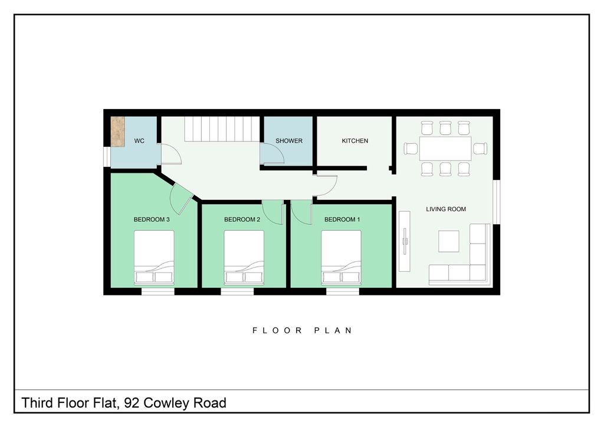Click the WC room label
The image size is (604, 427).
tap(140, 141)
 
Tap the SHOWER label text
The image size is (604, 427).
tap(289, 141)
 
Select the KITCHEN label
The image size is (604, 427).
tap(355, 141)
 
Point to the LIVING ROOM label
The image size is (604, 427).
tap(447, 209)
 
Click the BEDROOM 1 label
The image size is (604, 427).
tap(342, 219)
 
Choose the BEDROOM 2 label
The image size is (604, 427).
tap(242, 219)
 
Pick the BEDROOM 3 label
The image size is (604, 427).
tap(152, 219)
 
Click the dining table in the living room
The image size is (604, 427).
tap(445, 149)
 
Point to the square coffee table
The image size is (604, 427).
tap(449, 241)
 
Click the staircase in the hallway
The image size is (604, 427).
tap(222, 129)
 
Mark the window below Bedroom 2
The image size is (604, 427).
tap(237, 291)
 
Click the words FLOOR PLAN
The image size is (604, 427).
tap(302, 331)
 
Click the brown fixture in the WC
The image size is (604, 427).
tap(118, 131)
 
